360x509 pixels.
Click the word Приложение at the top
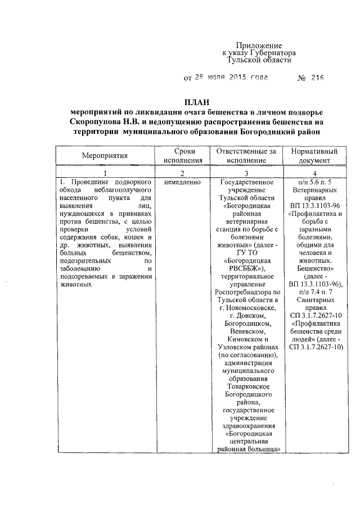258,45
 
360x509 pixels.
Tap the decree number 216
317,78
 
